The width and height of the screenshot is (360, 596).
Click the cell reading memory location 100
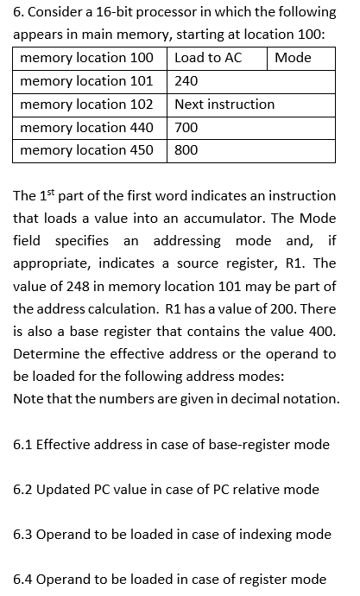click(x=86, y=58)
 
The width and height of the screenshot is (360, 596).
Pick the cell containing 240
click(x=186, y=81)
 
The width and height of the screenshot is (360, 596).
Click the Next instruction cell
click(x=224, y=104)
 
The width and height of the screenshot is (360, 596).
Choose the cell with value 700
click(x=186, y=127)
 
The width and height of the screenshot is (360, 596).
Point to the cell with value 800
click(x=186, y=149)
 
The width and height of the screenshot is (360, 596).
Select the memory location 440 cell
click(x=86, y=127)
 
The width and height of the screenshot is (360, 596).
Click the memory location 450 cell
click(x=86, y=149)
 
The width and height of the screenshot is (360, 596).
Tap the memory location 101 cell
click(x=86, y=81)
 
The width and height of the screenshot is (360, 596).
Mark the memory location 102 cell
click(x=86, y=104)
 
